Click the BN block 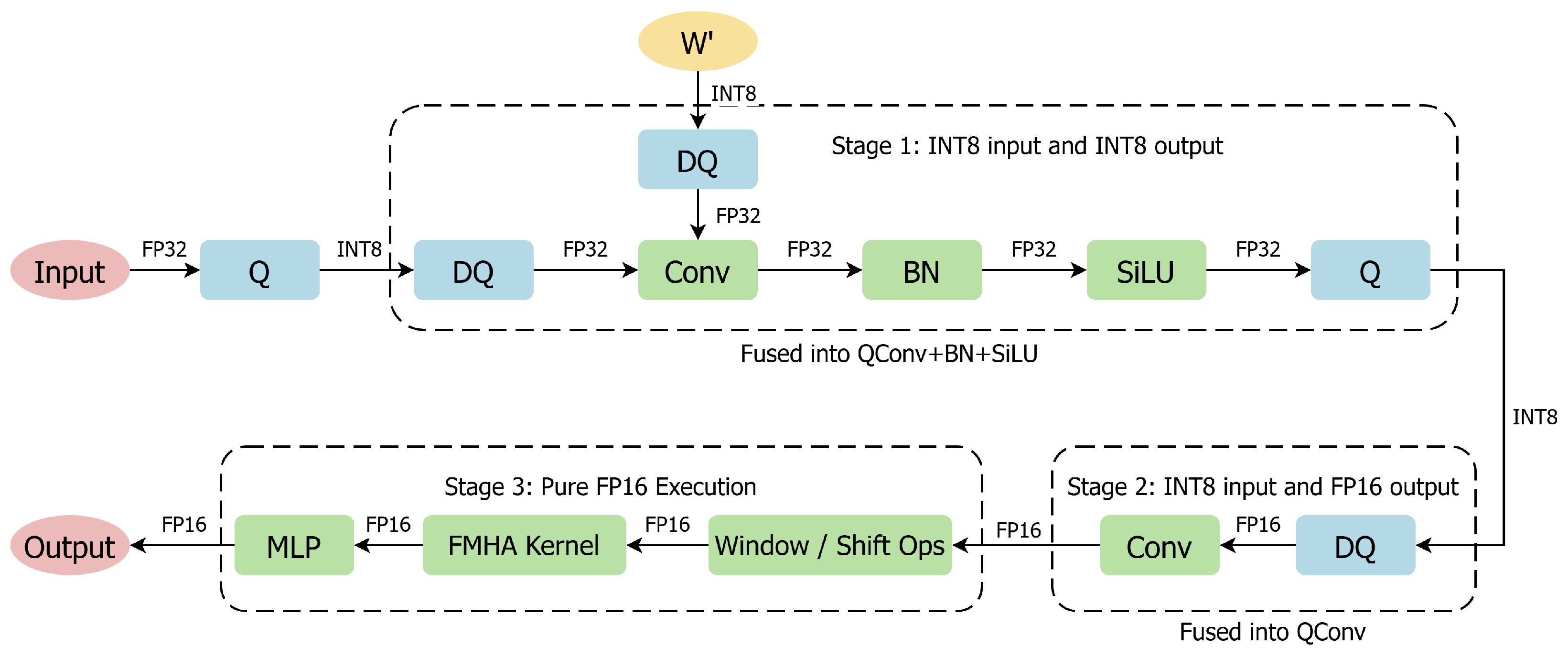coord(922,270)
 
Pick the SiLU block coord(1146,270)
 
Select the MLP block coord(294,545)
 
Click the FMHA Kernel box coord(524,545)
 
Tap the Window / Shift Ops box coord(830,545)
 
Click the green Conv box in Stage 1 coord(698,270)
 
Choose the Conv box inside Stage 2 coord(1159,545)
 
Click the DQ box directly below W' coord(698,160)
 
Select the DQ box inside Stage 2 coord(1355,545)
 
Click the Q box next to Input coord(259,270)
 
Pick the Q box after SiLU coord(1370,270)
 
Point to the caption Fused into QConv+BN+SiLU coord(889,354)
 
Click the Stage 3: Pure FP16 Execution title coord(600,487)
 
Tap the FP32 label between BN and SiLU coord(1033,249)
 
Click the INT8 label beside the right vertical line coord(1534,418)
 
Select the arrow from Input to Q coord(164,270)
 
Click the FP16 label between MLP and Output coord(184,525)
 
